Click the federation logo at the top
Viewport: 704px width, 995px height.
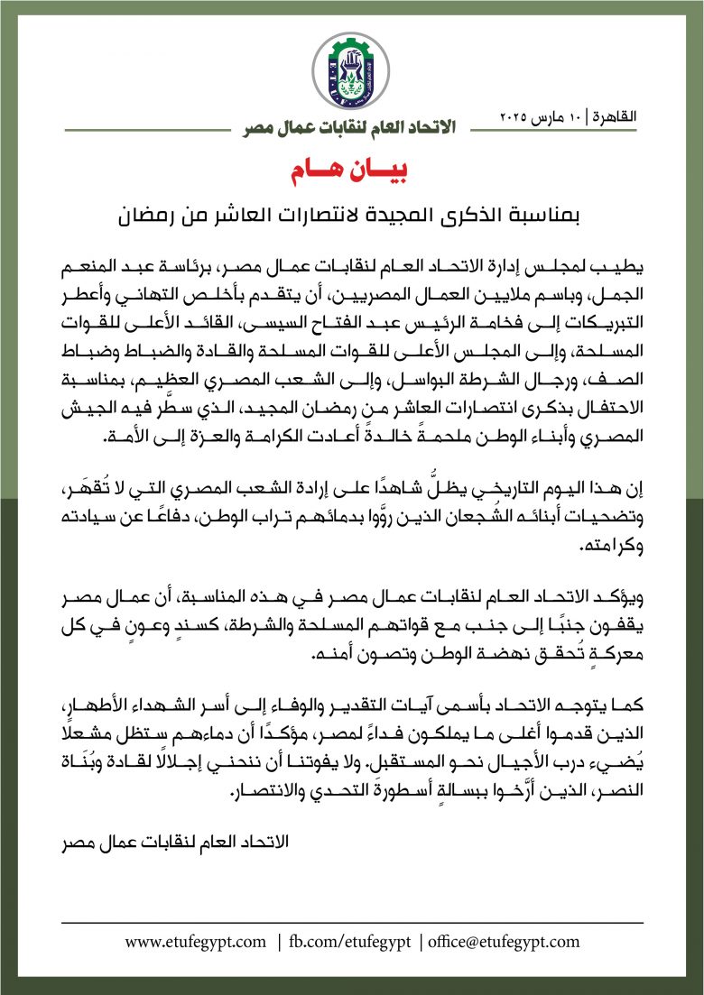351,71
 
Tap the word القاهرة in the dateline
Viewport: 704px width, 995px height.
615,117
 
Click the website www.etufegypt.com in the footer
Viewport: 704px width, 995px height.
197,942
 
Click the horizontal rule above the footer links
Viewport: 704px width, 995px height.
352,922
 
